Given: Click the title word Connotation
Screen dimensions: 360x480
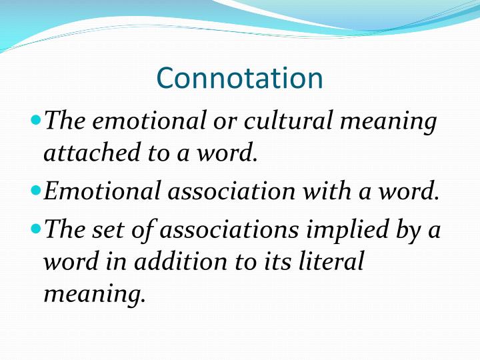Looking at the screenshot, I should [x=239, y=78].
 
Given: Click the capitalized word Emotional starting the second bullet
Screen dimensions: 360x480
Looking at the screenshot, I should [x=101, y=191].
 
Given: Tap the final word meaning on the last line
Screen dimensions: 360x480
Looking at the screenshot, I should [x=94, y=293].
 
